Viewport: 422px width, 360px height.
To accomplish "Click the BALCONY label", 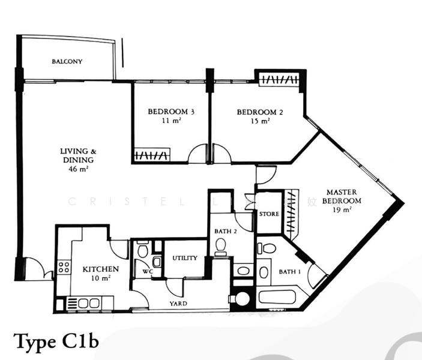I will click(67, 62).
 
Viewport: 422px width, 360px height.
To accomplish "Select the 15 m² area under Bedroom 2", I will click(261, 121).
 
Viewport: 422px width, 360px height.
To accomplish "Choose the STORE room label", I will click(268, 214).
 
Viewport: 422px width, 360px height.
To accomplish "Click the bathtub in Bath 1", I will click(277, 297).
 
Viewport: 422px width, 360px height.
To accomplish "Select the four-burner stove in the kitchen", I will click(62, 267).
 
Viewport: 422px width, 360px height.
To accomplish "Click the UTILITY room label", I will click(184, 258).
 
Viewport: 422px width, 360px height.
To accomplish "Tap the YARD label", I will click(178, 304).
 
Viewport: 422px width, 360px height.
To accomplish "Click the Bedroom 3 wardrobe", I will click(151, 155).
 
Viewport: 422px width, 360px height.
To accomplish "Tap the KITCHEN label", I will click(100, 269).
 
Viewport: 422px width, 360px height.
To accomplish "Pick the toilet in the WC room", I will click(142, 250).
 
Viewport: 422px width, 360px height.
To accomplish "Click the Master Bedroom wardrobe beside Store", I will click(292, 212).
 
